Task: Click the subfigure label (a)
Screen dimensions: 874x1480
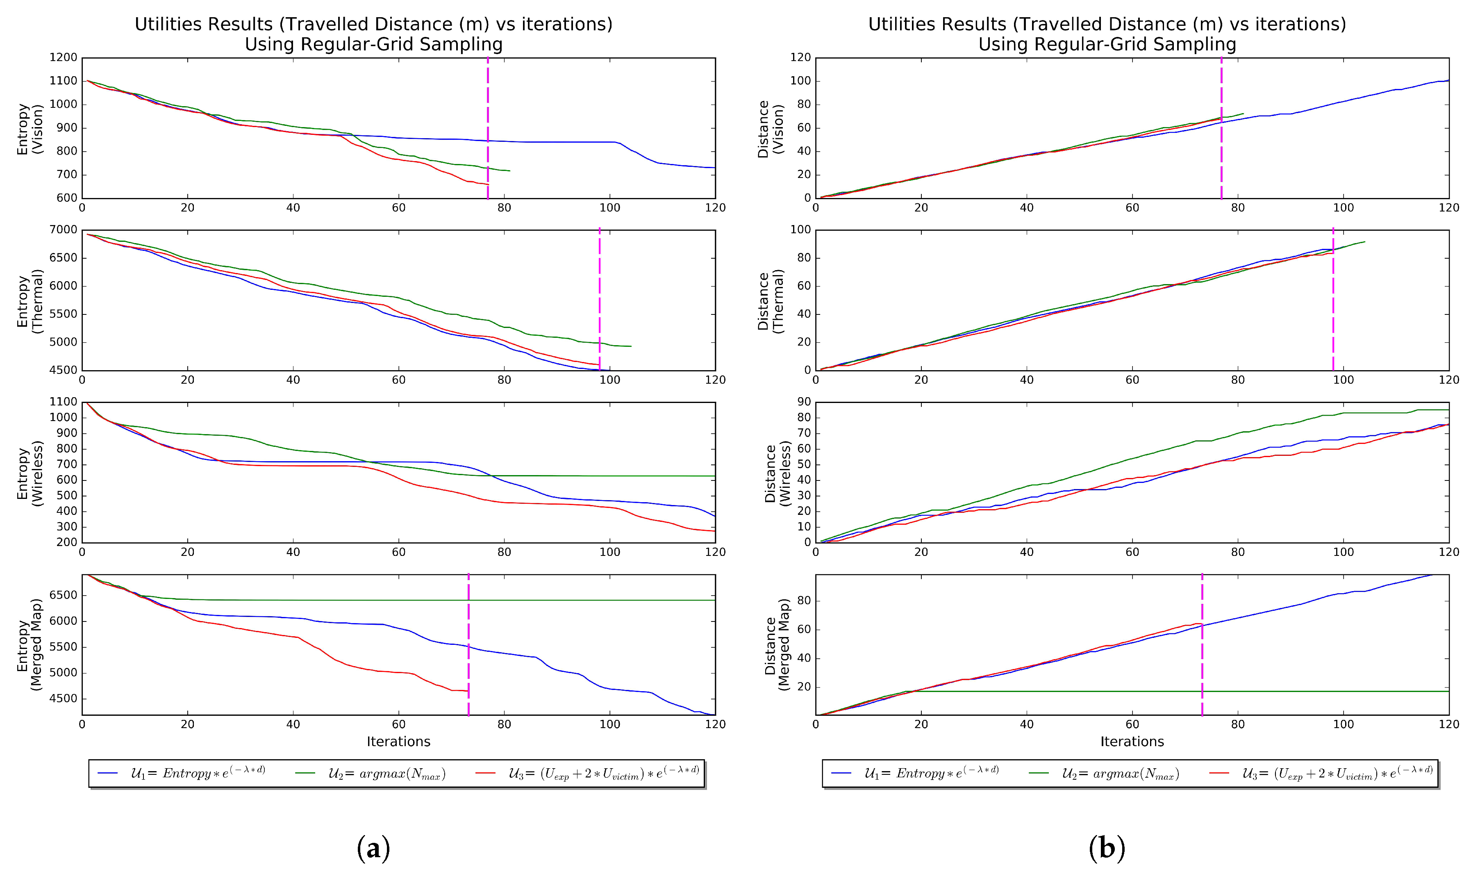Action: pyautogui.click(x=373, y=848)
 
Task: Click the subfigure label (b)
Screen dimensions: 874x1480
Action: pyautogui.click(x=1107, y=848)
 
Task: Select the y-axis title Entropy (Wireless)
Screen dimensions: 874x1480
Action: pyautogui.click(x=30, y=473)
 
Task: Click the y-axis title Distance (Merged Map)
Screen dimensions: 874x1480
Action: pyautogui.click(x=777, y=645)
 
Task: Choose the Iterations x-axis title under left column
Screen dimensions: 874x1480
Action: pyautogui.click(x=398, y=742)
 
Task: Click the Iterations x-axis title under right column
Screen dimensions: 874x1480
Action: pyautogui.click(x=1132, y=742)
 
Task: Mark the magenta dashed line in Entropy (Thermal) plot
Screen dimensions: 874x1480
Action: pyautogui.click(x=599, y=294)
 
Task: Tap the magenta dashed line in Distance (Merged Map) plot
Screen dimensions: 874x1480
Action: pyautogui.click(x=1202, y=648)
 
